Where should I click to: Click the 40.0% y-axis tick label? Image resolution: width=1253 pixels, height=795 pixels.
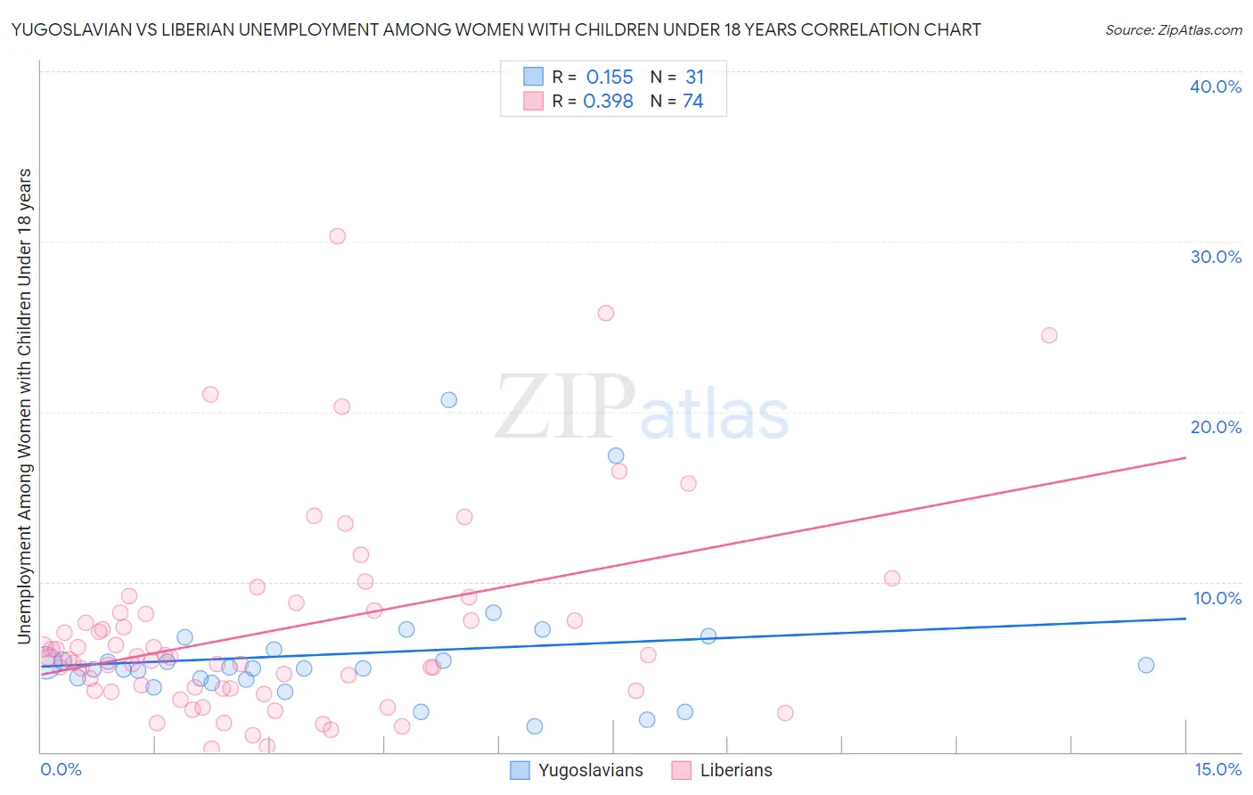click(1216, 86)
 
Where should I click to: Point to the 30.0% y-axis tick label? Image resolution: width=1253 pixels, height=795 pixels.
click(1216, 257)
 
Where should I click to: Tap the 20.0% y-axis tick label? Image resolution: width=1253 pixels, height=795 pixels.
click(1216, 427)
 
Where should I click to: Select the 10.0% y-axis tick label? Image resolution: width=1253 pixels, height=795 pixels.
click(1216, 598)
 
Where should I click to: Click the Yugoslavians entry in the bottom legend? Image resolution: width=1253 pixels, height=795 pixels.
click(590, 771)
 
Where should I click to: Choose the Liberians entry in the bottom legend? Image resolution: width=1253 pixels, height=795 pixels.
click(736, 771)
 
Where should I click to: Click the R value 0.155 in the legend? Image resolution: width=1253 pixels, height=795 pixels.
click(610, 78)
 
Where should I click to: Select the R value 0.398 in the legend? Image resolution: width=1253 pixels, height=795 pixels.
click(608, 102)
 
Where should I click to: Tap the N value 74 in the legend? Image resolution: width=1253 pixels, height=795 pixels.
click(693, 102)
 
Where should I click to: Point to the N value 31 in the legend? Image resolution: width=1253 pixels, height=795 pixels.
click(695, 78)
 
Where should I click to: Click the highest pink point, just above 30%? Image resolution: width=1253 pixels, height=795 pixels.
click(337, 236)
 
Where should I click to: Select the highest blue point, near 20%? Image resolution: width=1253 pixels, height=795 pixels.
click(449, 400)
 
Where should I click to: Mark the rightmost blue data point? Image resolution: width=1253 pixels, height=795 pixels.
click(1146, 665)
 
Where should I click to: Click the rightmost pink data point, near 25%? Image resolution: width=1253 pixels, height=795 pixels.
click(1049, 335)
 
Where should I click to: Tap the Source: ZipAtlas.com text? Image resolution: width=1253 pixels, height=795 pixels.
click(1173, 30)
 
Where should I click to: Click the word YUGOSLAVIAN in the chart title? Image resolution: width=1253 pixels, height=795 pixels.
click(67, 30)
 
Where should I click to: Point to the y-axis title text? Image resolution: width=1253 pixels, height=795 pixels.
click(24, 406)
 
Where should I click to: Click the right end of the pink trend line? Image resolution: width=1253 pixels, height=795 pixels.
click(1185, 457)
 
